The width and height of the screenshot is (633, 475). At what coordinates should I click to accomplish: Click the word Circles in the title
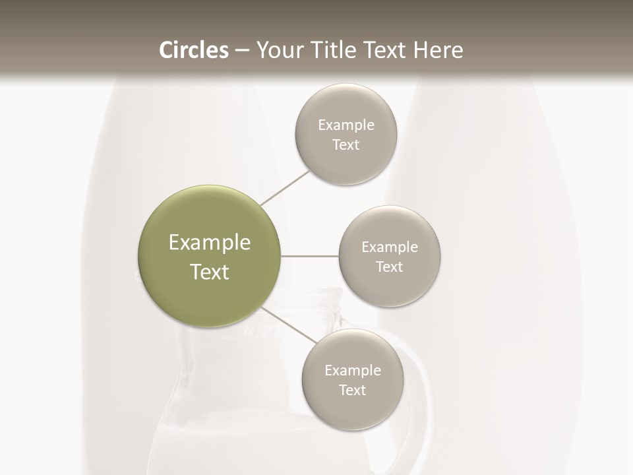(x=193, y=50)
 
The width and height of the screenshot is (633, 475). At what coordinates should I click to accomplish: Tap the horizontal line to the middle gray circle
(x=310, y=256)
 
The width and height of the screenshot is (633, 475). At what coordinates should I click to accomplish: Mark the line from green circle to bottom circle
(x=289, y=325)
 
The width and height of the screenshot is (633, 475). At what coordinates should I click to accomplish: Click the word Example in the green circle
(x=210, y=243)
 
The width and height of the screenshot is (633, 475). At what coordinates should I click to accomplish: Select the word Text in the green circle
(x=210, y=272)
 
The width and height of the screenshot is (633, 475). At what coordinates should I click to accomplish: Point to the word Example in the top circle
(x=346, y=125)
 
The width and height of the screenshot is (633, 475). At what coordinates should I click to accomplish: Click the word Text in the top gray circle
(x=346, y=144)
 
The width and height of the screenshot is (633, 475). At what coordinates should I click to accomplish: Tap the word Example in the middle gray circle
(x=390, y=247)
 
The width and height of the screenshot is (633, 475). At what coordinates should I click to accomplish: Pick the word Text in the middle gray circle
(x=390, y=267)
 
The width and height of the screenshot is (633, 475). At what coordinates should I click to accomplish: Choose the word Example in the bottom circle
(x=353, y=370)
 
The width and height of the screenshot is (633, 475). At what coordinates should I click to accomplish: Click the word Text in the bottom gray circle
(x=353, y=390)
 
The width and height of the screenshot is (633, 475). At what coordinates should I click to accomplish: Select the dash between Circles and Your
(x=242, y=51)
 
